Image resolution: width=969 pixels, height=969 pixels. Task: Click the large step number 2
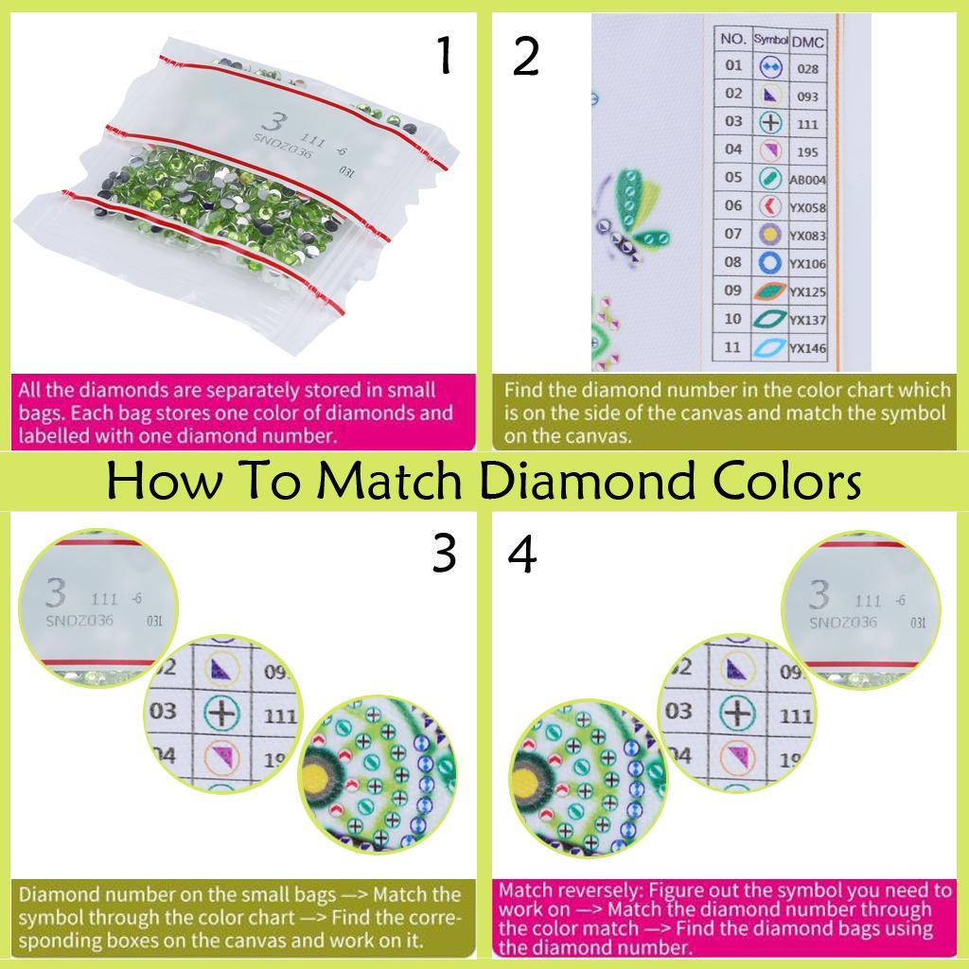coord(525,57)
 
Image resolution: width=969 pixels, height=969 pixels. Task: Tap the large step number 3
coord(444,554)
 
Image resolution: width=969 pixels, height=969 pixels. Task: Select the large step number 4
coord(523,554)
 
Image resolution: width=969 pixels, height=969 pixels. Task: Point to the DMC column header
coord(806,41)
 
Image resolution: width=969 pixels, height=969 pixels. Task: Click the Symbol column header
coord(769,40)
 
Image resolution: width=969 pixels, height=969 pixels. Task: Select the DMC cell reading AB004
coord(808,180)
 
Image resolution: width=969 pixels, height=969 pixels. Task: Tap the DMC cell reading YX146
coord(808,348)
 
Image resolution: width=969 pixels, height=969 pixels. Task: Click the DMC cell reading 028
coord(807,68)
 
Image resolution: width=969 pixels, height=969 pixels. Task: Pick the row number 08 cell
coord(733,262)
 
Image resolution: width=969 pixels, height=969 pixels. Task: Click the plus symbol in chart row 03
coord(770,123)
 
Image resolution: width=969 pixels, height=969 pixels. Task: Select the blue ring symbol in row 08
coord(769,262)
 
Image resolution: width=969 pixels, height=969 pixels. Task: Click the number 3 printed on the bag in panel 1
coord(273,123)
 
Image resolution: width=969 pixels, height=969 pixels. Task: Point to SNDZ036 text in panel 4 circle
coord(842,622)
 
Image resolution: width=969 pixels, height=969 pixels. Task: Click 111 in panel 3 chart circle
coord(280,715)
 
